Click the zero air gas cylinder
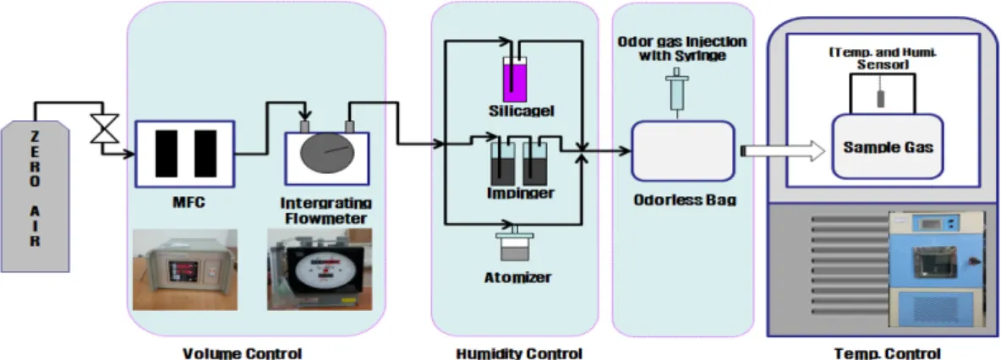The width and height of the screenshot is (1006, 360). (35, 196)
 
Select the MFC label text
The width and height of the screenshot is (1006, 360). (184, 203)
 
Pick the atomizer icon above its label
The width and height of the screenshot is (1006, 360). (515, 243)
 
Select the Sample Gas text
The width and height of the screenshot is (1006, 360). (888, 147)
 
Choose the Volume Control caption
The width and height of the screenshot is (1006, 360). (243, 353)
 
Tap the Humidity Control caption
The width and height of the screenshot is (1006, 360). (519, 353)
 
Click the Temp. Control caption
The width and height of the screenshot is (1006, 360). (888, 353)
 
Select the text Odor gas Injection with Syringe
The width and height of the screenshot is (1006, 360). (682, 48)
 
